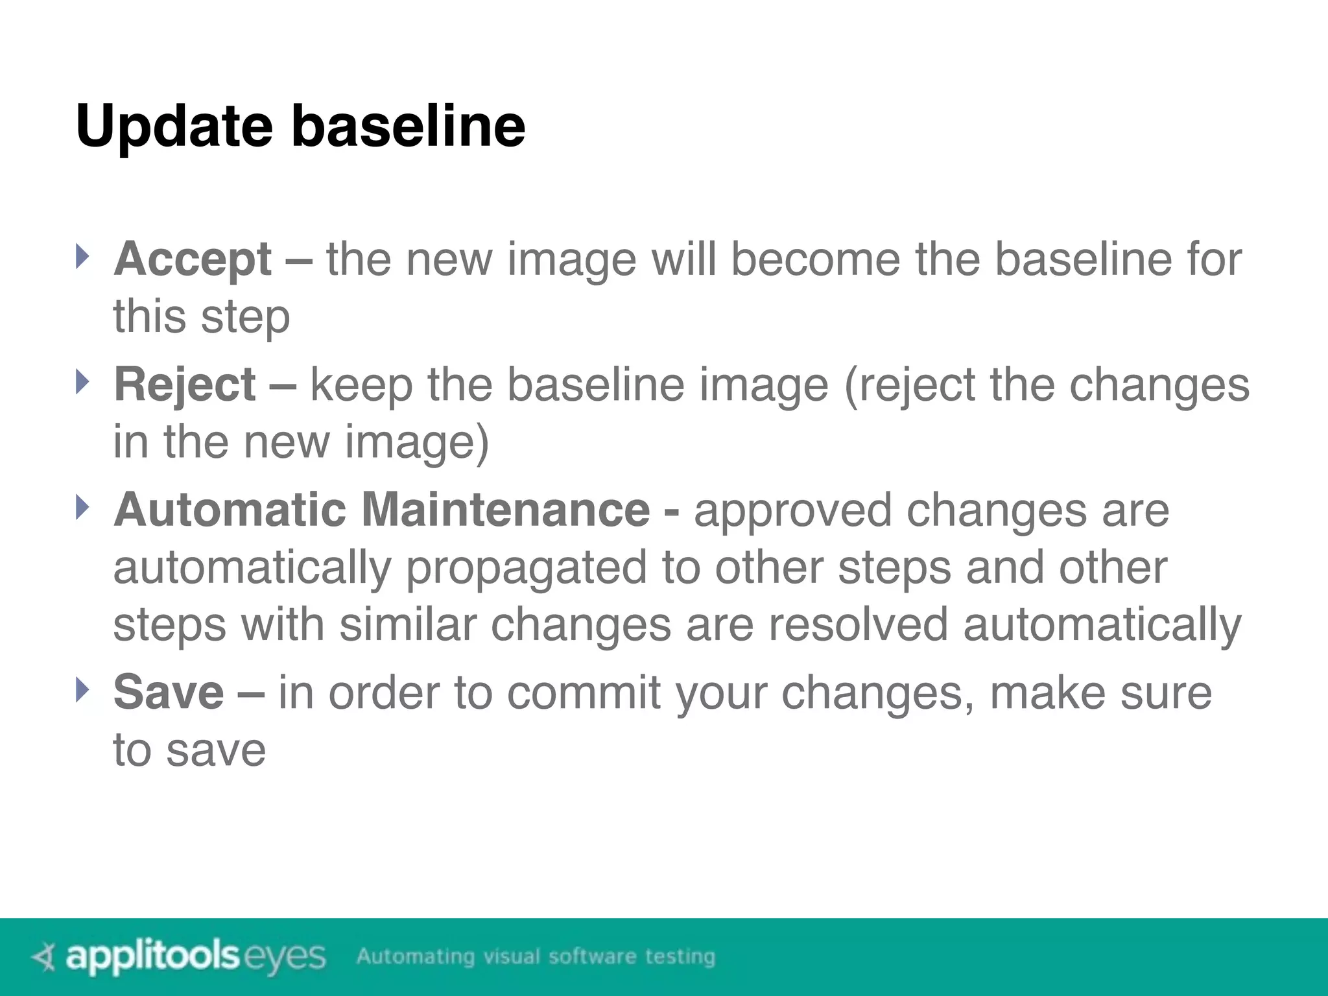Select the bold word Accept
tap(193, 259)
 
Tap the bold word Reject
tap(185, 385)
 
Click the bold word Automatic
tap(230, 510)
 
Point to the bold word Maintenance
tap(505, 510)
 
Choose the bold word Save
tap(169, 693)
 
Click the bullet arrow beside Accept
tap(80, 257)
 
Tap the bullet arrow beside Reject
tap(80, 382)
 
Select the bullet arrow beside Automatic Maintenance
tap(80, 507)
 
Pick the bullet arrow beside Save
tap(80, 690)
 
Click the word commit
tap(583, 693)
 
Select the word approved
tap(792, 510)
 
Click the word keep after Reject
tap(361, 386)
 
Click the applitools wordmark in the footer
tap(152, 957)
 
